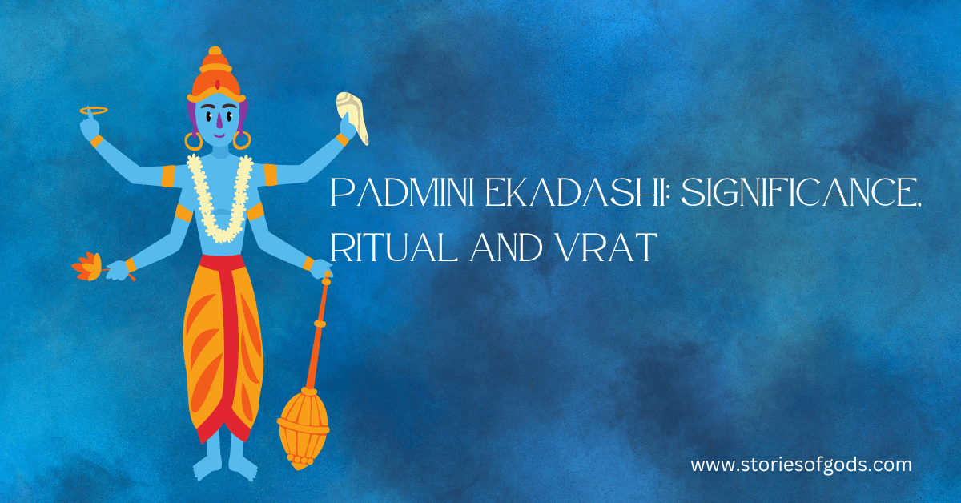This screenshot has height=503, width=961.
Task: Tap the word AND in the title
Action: coord(505,249)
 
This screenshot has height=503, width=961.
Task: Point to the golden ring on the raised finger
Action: coord(93,110)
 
